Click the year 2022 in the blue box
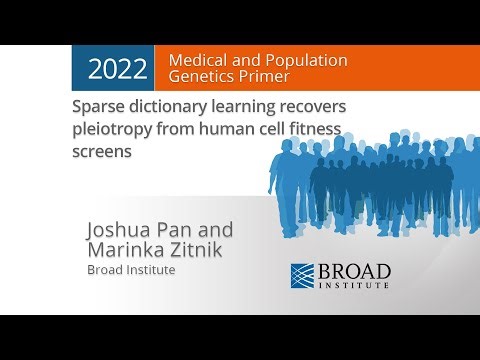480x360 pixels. pyautogui.click(x=118, y=69)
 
